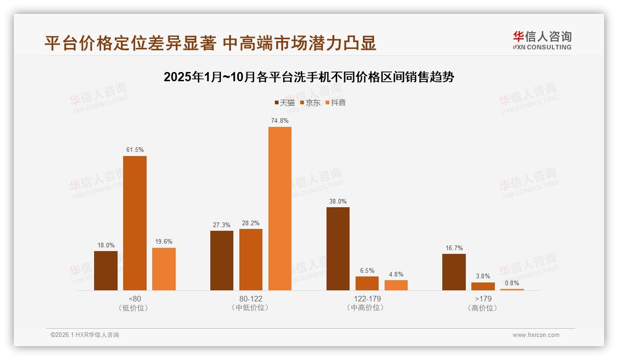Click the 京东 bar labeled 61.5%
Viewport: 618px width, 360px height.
pyautogui.click(x=135, y=223)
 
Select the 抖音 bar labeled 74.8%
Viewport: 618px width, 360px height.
pyautogui.click(x=280, y=209)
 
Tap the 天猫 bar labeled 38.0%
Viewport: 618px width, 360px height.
pyautogui.click(x=338, y=249)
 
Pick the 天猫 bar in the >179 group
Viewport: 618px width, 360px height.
pyautogui.click(x=454, y=272)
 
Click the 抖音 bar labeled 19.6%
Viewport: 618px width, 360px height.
pyautogui.click(x=164, y=269)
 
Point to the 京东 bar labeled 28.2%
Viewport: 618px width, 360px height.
pyautogui.click(x=251, y=259)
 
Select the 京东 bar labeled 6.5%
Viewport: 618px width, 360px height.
pyautogui.click(x=367, y=283)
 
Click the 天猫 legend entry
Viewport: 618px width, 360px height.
pyautogui.click(x=285, y=103)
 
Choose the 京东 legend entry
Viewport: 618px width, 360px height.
pyautogui.click(x=310, y=103)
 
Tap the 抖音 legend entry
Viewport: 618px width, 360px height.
pyautogui.click(x=335, y=103)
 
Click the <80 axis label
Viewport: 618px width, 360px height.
pyautogui.click(x=135, y=299)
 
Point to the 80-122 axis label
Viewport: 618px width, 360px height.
pyautogui.click(x=251, y=299)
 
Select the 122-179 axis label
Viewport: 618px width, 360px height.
pyautogui.click(x=367, y=299)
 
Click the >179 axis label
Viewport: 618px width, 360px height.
pyautogui.click(x=483, y=299)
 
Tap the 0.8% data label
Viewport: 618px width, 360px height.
pyautogui.click(x=512, y=283)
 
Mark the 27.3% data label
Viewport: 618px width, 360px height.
pyautogui.click(x=222, y=225)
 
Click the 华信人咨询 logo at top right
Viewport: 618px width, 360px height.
pyautogui.click(x=542, y=41)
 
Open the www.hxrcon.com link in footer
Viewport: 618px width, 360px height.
pyautogui.click(x=536, y=335)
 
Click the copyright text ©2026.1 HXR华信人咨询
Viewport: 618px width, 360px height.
pyautogui.click(x=85, y=335)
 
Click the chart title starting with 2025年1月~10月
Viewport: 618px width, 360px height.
pyautogui.click(x=309, y=77)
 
